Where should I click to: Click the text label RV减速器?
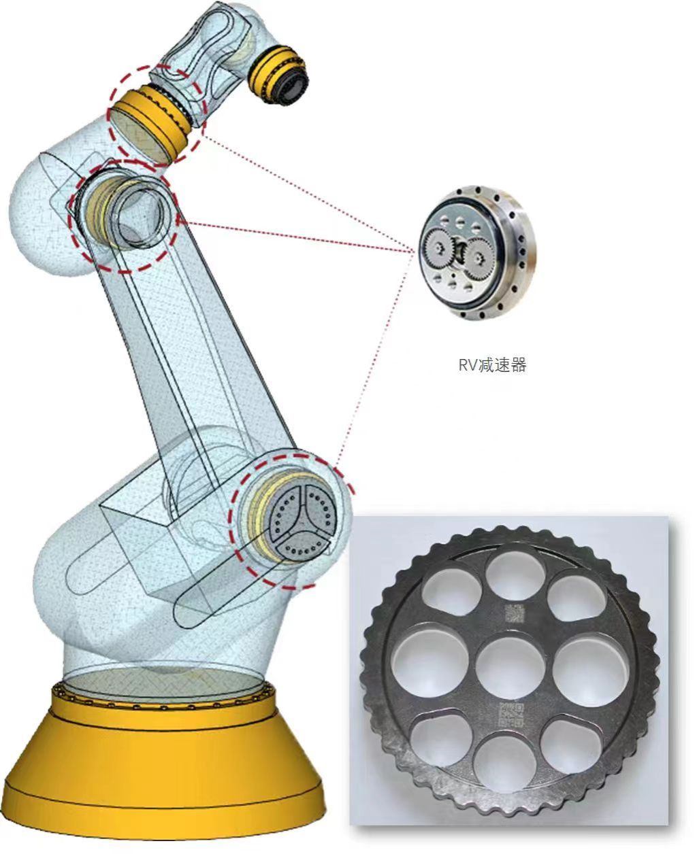[492, 365]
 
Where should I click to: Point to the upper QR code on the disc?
[514, 613]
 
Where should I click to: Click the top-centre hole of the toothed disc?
[516, 575]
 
